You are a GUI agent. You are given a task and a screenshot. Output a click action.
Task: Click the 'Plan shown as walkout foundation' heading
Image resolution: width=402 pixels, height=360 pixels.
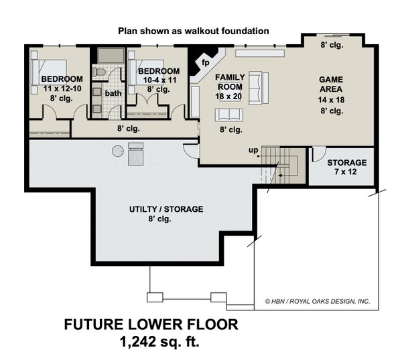[x=194, y=30]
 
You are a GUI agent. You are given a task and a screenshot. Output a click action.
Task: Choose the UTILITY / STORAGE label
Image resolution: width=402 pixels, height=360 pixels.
[x=166, y=209]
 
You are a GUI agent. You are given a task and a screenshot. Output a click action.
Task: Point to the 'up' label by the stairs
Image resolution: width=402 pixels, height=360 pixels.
[x=253, y=149]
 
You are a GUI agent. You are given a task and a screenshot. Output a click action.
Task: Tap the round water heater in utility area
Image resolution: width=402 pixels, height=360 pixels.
[x=118, y=149]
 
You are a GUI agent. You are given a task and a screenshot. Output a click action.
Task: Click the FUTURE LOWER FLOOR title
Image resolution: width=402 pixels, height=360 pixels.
[x=151, y=325]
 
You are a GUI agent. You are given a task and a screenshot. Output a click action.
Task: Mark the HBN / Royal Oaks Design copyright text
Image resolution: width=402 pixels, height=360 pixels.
[x=318, y=302]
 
